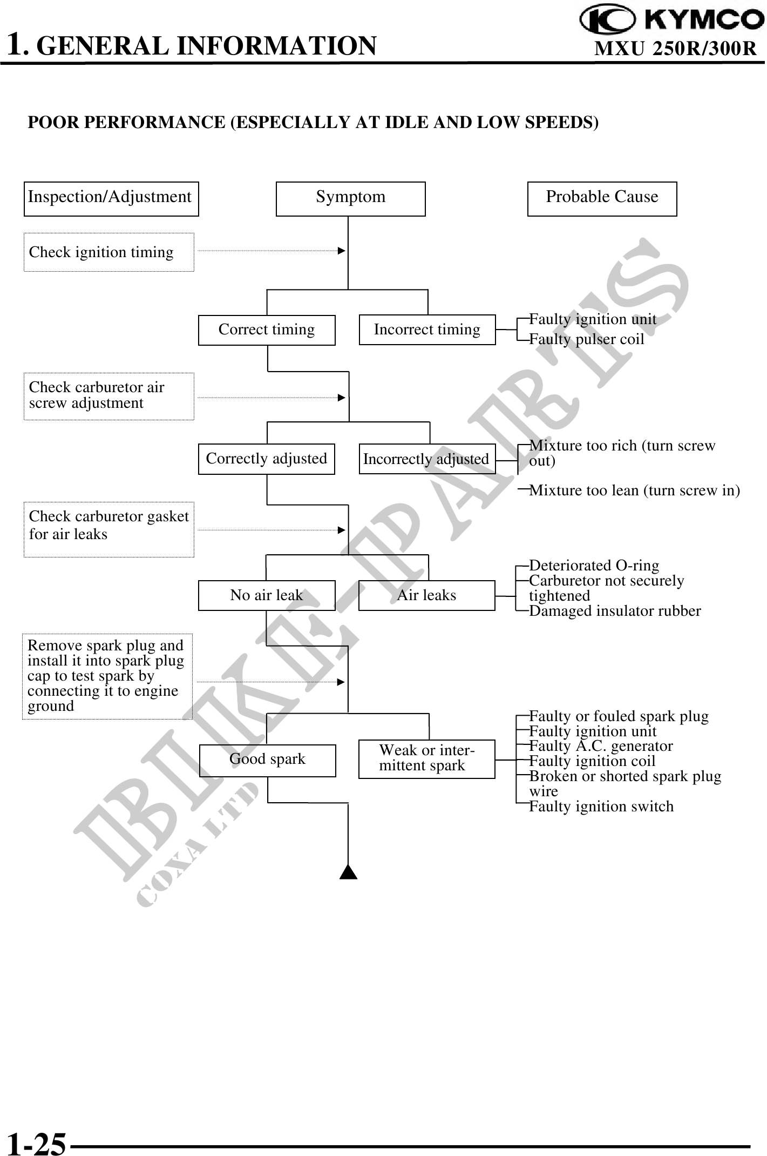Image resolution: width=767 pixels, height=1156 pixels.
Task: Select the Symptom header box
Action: click(x=350, y=198)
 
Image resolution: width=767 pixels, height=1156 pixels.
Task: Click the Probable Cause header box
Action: click(x=602, y=198)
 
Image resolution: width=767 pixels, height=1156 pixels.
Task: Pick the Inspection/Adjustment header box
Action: click(x=111, y=198)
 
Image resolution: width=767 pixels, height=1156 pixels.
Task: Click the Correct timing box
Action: click(x=266, y=330)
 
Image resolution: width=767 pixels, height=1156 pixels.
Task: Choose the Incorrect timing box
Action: click(x=427, y=330)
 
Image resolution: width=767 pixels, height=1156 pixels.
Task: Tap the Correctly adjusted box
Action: click(x=266, y=459)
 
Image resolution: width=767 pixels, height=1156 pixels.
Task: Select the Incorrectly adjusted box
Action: click(x=427, y=459)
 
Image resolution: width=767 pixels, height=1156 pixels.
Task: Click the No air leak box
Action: click(x=266, y=595)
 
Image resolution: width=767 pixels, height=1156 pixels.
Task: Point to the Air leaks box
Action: click(x=426, y=595)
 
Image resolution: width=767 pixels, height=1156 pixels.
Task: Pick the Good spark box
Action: click(x=267, y=760)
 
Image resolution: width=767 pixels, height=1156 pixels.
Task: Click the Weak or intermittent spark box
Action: click(x=426, y=758)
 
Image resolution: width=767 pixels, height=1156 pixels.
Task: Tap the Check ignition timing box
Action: click(x=108, y=252)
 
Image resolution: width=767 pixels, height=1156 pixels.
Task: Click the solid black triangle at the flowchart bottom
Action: click(x=348, y=872)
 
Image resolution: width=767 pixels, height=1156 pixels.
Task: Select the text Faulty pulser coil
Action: click(x=587, y=340)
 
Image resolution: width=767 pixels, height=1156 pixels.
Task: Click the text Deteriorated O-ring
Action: click(x=594, y=566)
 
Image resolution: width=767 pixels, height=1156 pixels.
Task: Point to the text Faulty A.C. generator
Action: click(x=601, y=746)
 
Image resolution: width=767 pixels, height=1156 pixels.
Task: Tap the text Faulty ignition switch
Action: click(x=601, y=806)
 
